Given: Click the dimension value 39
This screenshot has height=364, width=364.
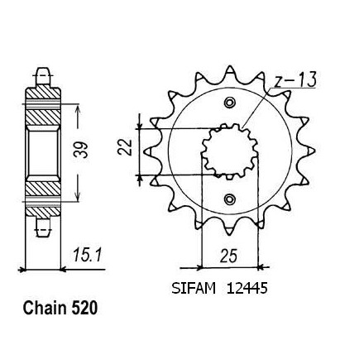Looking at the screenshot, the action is pos(81,150).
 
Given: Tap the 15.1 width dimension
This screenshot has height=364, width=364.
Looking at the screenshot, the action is pos(88,255).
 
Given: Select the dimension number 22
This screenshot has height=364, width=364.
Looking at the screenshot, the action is pos(125,147).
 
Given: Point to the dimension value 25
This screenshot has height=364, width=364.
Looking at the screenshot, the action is pos(228,256).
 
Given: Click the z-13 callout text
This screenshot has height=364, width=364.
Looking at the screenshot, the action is pos(295,80).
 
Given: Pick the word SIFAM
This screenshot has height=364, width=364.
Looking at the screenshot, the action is pos(194,289).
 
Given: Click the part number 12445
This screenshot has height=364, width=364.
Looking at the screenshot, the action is pos(247,289).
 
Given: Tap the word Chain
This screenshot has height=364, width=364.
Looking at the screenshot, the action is pos(45,308).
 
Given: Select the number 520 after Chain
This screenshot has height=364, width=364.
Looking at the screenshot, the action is pos(84,308).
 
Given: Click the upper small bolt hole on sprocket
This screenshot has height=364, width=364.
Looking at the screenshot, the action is pos(229,103).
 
